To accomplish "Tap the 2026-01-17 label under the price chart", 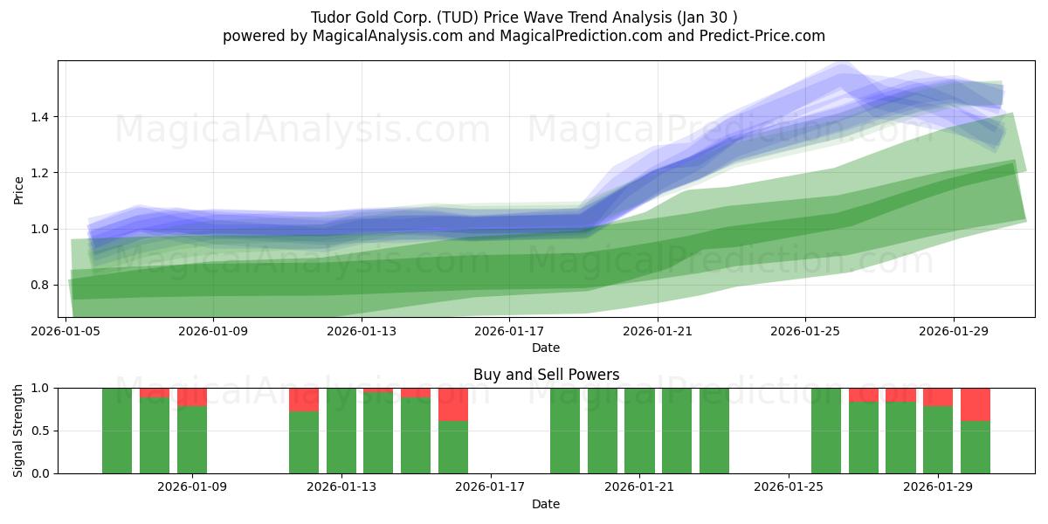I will (x=509, y=332).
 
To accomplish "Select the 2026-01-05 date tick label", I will (x=66, y=332).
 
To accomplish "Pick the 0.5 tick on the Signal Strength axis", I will (x=42, y=431).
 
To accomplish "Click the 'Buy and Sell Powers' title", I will (x=546, y=375).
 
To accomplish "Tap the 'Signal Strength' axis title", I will (x=18, y=430).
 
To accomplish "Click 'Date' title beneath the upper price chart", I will (x=546, y=348).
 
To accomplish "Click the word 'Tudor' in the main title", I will (x=330, y=17).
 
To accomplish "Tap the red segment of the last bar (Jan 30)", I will (x=975, y=404).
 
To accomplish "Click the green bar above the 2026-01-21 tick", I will (x=639, y=431).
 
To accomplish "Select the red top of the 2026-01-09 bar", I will (x=191, y=396).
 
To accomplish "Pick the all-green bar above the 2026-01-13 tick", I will (x=341, y=431).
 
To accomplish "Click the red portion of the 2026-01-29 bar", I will (x=938, y=396).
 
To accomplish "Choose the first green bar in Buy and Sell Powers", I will (x=117, y=431).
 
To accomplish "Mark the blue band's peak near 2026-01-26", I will (x=841, y=70).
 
